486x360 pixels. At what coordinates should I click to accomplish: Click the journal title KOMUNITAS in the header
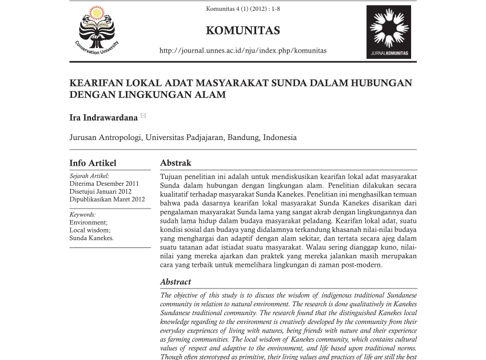click(x=243, y=30)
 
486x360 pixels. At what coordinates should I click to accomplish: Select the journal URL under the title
click(x=243, y=50)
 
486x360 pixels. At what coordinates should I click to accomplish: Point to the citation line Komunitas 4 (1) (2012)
click(x=243, y=9)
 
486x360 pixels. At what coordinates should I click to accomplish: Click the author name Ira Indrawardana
click(x=103, y=118)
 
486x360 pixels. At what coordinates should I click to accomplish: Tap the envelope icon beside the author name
click(x=143, y=116)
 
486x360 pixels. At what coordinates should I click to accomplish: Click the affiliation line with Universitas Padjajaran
click(x=183, y=137)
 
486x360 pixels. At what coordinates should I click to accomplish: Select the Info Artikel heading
click(x=93, y=163)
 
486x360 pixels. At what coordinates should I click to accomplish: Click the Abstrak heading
click(x=176, y=163)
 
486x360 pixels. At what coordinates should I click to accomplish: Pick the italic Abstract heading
click(x=176, y=282)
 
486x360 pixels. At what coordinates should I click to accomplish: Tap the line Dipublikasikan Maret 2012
click(x=107, y=199)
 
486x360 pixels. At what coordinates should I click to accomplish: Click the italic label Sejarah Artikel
click(x=89, y=176)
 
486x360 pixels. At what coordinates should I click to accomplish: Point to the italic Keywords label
click(x=83, y=214)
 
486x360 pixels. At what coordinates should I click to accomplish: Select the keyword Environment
click(x=88, y=222)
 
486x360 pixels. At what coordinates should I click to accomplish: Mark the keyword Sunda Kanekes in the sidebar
click(x=91, y=238)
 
